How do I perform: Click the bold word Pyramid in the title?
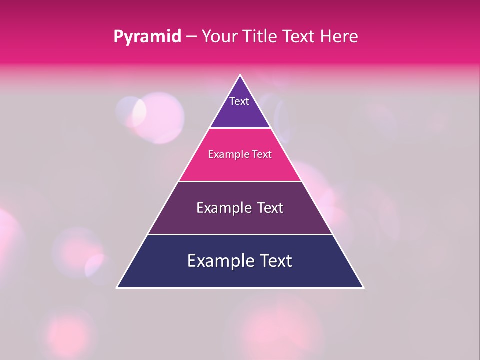pyautogui.click(x=147, y=37)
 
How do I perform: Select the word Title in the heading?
pyautogui.click(x=261, y=36)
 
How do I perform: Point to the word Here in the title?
pyautogui.click(x=339, y=36)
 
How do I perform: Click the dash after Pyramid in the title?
pyautogui.click(x=191, y=37)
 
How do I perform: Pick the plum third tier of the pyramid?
pyautogui.click(x=240, y=222)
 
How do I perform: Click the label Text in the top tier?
pyautogui.click(x=239, y=101)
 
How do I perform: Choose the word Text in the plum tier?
pyautogui.click(x=270, y=208)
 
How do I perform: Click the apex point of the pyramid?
pyautogui.click(x=240, y=76)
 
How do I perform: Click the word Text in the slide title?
pyautogui.click(x=298, y=36)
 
